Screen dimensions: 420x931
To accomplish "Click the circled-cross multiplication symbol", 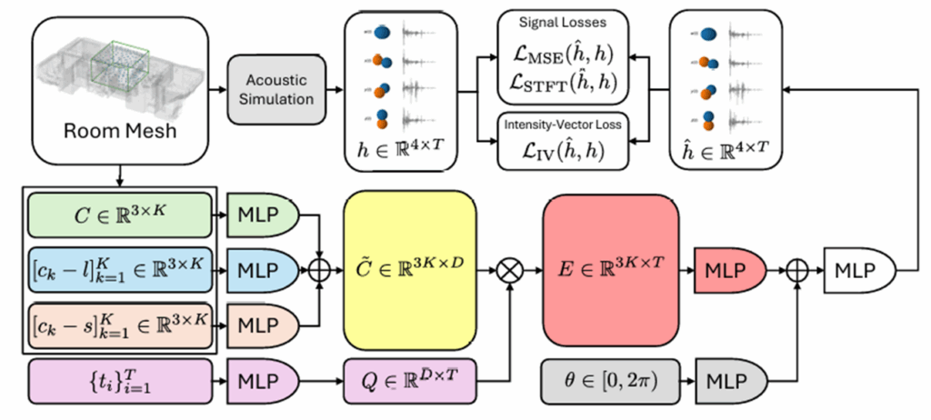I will [506, 270].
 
